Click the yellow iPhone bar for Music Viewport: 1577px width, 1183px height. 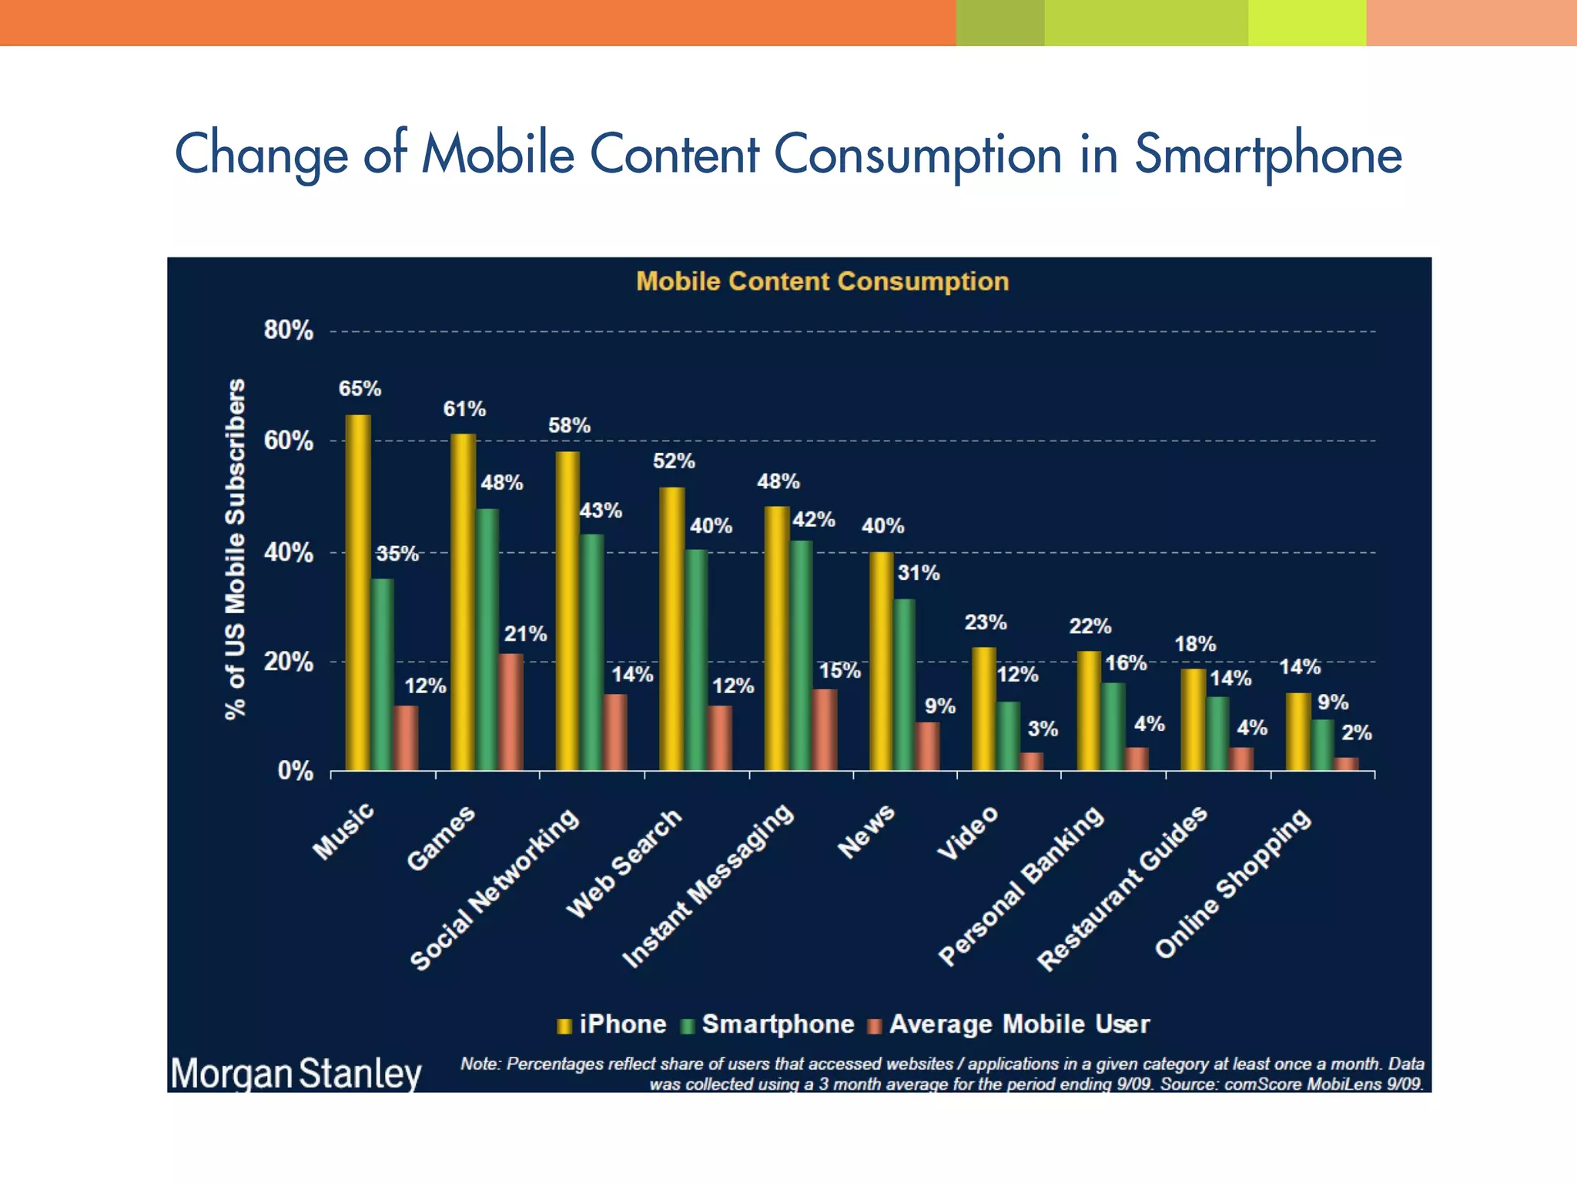(x=358, y=593)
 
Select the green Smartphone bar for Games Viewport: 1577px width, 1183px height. (x=487, y=639)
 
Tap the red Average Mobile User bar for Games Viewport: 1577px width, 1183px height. (x=511, y=712)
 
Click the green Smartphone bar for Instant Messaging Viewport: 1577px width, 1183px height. (x=801, y=655)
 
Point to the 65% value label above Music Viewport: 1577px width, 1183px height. (x=360, y=389)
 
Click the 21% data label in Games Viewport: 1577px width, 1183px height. (x=525, y=634)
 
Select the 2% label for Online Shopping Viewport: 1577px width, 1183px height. (x=1356, y=733)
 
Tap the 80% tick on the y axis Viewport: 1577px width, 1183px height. (x=288, y=331)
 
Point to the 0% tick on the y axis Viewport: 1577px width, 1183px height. (x=295, y=771)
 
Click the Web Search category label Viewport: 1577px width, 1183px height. (x=624, y=863)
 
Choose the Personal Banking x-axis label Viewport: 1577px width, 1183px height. (x=1022, y=886)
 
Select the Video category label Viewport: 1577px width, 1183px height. (x=968, y=833)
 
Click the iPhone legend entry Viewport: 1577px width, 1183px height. (x=612, y=1024)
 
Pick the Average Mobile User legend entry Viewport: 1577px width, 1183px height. (x=1009, y=1024)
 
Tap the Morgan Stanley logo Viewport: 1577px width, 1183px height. (x=296, y=1073)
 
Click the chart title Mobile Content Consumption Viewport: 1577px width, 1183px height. (x=822, y=281)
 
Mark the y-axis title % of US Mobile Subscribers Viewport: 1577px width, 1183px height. (x=235, y=549)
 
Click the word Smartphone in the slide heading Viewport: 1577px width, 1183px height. (x=1268, y=154)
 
